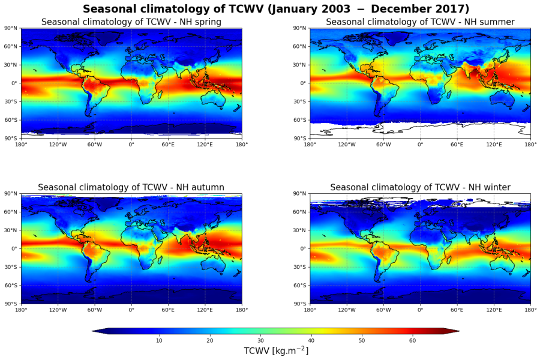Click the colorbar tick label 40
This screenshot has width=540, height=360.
tap(311, 341)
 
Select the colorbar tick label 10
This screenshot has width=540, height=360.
tap(159, 341)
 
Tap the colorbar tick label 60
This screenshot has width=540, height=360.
tap(412, 341)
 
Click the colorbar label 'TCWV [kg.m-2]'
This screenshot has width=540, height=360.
tap(276, 351)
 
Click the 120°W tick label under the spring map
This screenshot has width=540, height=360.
tap(58, 144)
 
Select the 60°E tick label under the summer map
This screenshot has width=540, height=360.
tap(457, 144)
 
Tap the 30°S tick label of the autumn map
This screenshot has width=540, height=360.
tap(11, 267)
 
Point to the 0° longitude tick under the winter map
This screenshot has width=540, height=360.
tap(420, 310)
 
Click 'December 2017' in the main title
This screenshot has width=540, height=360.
tap(428, 9)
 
